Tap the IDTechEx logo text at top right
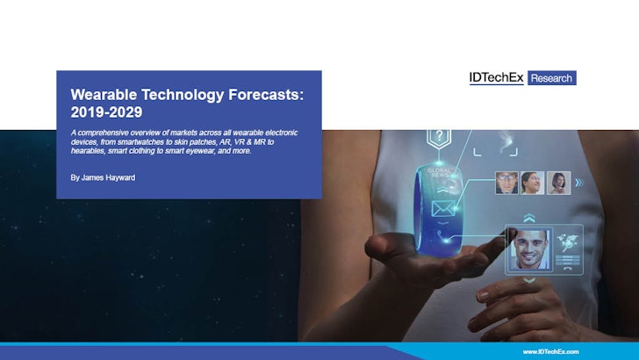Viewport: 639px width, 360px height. [496, 78]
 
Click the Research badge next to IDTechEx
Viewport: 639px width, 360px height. [551, 79]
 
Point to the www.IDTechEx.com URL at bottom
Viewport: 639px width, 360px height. [550, 351]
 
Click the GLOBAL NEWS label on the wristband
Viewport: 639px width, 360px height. [439, 173]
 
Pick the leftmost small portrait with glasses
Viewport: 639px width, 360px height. [506, 182]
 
